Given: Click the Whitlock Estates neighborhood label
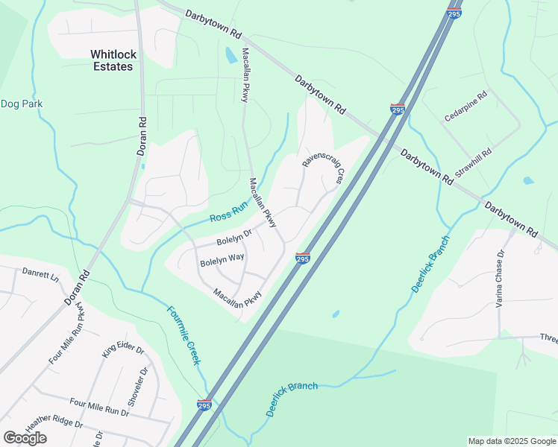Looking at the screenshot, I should tap(111, 60).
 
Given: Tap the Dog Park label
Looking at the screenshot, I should tap(22, 104).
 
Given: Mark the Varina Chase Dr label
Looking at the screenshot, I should tap(501, 275).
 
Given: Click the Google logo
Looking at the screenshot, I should tap(25, 438).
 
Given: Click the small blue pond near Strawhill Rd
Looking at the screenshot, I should tap(529, 180).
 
